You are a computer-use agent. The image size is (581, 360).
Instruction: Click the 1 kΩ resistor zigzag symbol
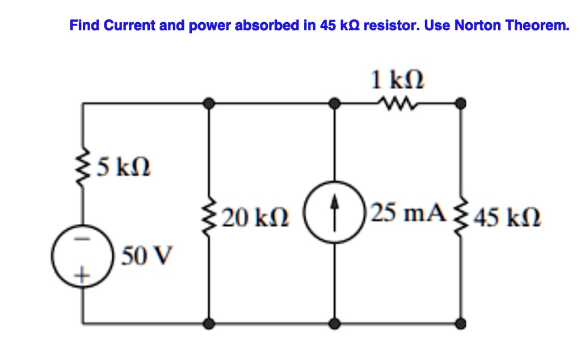point(397,103)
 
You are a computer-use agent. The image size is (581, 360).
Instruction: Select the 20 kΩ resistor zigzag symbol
point(209,217)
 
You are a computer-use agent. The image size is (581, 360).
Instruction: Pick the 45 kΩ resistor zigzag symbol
point(461,217)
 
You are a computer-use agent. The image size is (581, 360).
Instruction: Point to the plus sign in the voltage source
point(82,275)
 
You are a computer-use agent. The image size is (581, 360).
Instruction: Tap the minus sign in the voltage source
point(82,238)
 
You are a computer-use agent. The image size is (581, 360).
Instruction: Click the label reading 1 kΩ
point(397,79)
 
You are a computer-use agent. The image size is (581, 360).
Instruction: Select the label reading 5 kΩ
point(124,167)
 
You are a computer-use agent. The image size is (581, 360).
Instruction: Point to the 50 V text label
point(147,256)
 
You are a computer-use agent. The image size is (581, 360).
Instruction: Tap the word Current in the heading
point(129,25)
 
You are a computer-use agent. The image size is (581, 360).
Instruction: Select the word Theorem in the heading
point(537,25)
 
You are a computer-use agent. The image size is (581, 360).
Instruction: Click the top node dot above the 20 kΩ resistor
point(209,103)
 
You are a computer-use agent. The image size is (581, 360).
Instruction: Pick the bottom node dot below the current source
point(335,324)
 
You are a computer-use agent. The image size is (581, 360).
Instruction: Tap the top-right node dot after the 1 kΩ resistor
point(461,103)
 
